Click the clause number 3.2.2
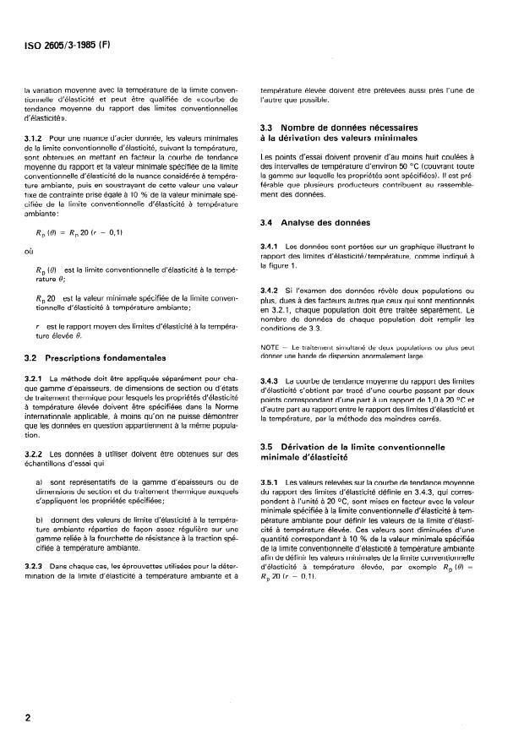34,454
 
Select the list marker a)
54,482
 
